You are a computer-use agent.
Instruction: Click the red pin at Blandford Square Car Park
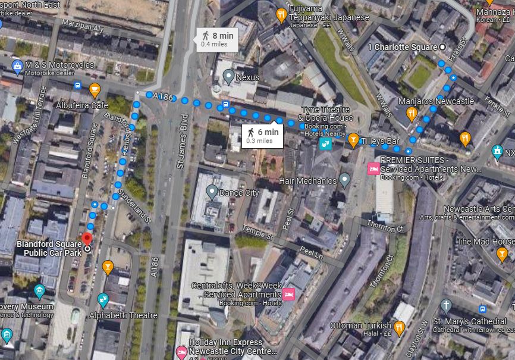click(x=87, y=239)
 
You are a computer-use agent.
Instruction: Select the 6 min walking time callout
click(x=262, y=135)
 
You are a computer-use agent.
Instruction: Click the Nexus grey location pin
click(x=228, y=76)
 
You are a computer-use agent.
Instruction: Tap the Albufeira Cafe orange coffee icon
click(x=94, y=89)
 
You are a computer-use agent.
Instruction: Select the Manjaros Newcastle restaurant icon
click(x=411, y=113)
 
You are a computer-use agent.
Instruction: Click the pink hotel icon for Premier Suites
click(x=373, y=168)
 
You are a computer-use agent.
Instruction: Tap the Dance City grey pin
click(x=212, y=192)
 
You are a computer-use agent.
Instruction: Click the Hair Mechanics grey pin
click(x=345, y=180)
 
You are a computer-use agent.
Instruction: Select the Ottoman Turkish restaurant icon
click(x=400, y=327)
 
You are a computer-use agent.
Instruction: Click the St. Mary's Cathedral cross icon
click(x=446, y=306)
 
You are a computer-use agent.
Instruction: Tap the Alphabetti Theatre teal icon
click(x=103, y=299)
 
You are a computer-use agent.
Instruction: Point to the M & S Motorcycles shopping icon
click(x=17, y=64)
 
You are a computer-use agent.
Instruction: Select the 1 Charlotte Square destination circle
click(x=442, y=46)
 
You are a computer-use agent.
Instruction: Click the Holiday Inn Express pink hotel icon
click(x=182, y=351)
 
